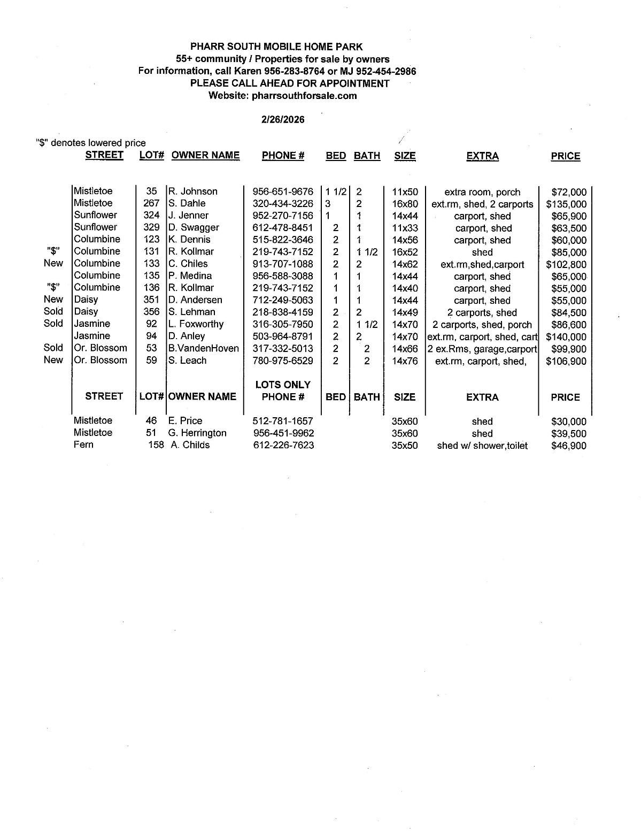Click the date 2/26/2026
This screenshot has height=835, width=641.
tap(283, 120)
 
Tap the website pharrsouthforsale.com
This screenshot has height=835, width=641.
tap(304, 96)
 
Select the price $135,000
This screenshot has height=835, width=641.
tap(566, 204)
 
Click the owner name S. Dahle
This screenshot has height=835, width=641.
tap(187, 203)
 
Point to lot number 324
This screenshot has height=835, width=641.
tap(151, 215)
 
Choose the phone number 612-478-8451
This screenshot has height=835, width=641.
tap(282, 228)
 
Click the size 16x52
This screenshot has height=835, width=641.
tap(405, 252)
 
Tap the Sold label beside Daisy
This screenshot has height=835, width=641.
tap(53, 311)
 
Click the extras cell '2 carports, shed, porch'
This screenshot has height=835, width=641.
tap(482, 325)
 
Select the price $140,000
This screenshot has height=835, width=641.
tap(566, 337)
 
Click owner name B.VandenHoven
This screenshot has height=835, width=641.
tap(204, 349)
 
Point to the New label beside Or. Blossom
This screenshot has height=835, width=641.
tap(53, 360)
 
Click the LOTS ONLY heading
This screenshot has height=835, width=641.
tap(283, 385)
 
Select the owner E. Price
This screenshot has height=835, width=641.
tap(185, 421)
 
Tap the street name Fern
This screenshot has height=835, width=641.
tap(83, 445)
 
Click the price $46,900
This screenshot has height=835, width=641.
tap(568, 446)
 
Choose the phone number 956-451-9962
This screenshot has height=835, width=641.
tap(283, 433)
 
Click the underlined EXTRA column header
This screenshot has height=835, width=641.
tap(482, 156)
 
